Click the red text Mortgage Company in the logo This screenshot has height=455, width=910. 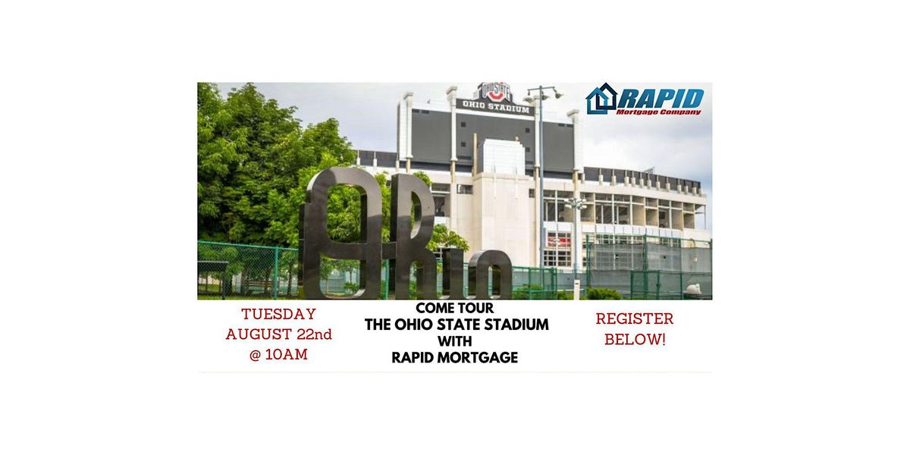pos(660,111)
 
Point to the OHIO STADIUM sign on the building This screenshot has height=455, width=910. pos(494,105)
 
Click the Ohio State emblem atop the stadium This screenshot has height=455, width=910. pos(494,92)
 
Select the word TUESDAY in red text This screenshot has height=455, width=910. pos(278,314)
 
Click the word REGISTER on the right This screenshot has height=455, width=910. pos(635,318)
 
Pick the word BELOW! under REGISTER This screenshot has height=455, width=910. pos(635,339)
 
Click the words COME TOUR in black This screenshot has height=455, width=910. pos(455,309)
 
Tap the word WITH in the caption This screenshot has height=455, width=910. pos(455,341)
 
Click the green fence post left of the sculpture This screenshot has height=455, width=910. pos(276,271)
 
